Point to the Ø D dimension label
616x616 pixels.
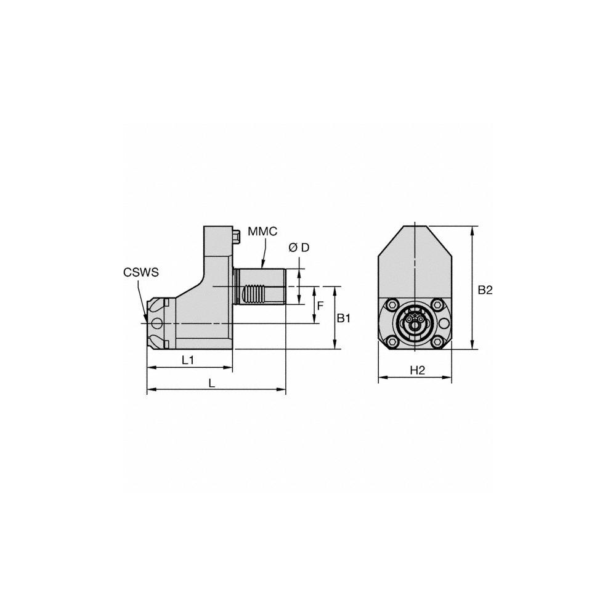point(299,247)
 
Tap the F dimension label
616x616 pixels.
point(320,306)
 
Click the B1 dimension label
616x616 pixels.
point(343,318)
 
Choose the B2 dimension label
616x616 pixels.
point(485,290)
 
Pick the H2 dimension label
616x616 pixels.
point(418,370)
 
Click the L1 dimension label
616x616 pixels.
point(188,360)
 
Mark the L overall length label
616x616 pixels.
point(211,383)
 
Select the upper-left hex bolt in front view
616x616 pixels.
point(392,304)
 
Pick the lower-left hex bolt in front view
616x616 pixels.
point(392,342)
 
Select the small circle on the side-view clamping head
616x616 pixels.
point(159,323)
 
